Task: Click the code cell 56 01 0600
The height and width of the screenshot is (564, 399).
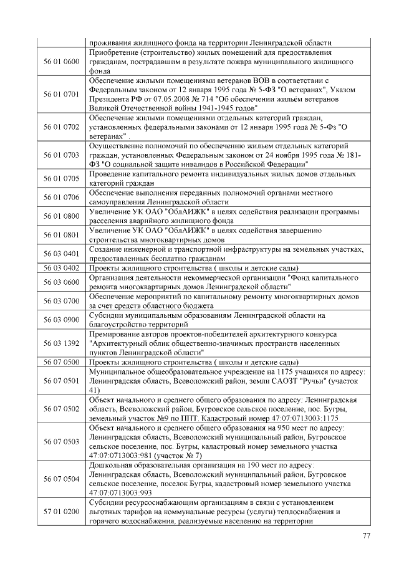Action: (61, 62)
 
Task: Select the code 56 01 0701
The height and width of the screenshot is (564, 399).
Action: (61, 95)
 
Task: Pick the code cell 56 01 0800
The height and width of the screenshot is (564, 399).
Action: (61, 216)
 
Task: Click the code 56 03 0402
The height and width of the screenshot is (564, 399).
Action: (61, 268)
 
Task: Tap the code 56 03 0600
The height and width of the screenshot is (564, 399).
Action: (61, 282)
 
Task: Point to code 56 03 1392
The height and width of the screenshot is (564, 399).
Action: (61, 343)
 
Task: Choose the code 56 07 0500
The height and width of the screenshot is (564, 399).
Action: (61, 362)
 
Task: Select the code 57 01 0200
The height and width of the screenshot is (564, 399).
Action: (61, 512)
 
